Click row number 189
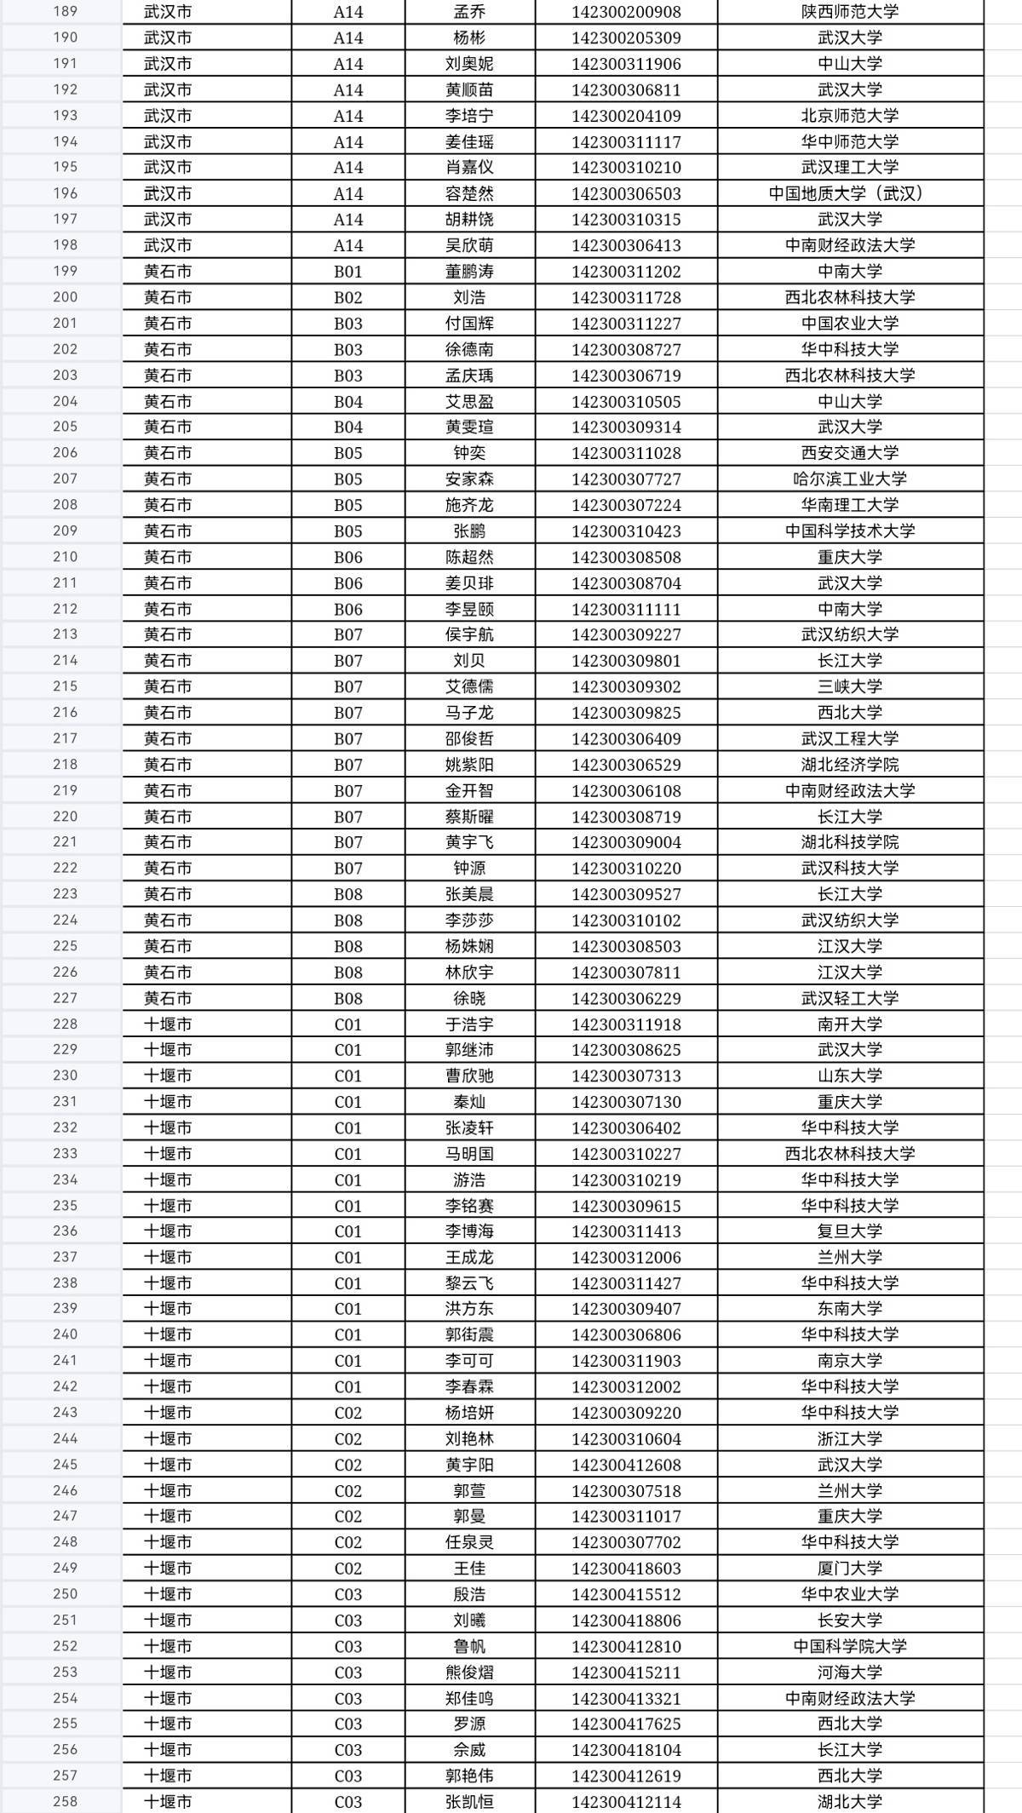click(65, 12)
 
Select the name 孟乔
click(469, 12)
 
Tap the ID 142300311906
click(626, 64)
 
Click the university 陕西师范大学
click(850, 12)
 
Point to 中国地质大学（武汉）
click(850, 193)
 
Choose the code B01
click(347, 272)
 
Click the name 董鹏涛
click(469, 272)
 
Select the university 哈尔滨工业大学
click(850, 479)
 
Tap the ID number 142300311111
click(626, 609)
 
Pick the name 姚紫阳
click(469, 765)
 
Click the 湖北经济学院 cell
click(850, 765)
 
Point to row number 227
click(65, 998)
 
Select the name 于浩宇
click(469, 1024)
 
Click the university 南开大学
click(850, 1024)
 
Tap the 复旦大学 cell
click(850, 1231)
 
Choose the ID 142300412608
click(626, 1465)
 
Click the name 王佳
click(469, 1569)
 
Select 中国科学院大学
click(850, 1646)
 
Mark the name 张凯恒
click(469, 1802)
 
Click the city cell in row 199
click(168, 272)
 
